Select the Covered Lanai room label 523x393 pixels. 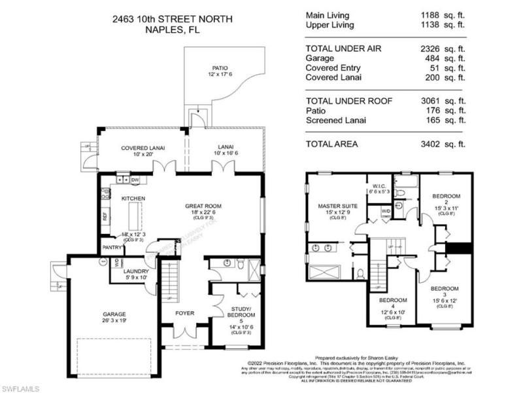click(137, 148)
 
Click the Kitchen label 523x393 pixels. click(133, 198)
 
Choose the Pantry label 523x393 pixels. click(112, 248)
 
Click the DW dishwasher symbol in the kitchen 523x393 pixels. click(135, 179)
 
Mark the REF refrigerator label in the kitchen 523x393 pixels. click(105, 214)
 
